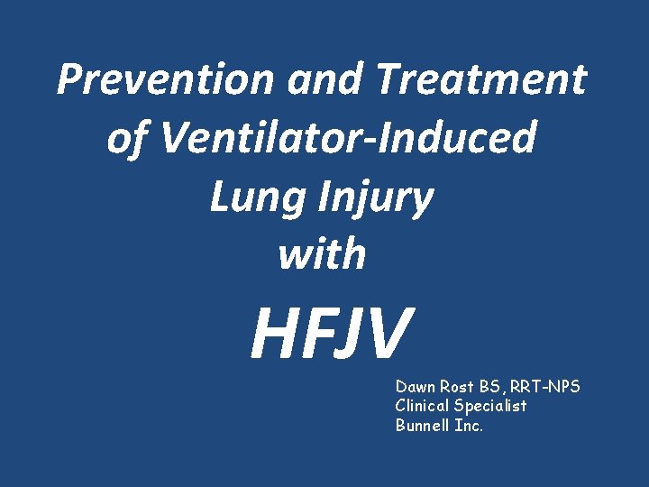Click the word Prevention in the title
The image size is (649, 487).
point(167,79)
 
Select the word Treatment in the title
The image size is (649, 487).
point(481,79)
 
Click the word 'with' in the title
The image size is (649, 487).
point(322,254)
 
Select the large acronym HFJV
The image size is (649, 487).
point(333,333)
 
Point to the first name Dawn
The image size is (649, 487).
point(414,387)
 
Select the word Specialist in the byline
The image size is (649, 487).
point(493,407)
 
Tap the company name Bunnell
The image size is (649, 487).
point(423,426)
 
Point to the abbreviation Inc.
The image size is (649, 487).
point(469,426)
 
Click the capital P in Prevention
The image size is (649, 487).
point(70,79)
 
